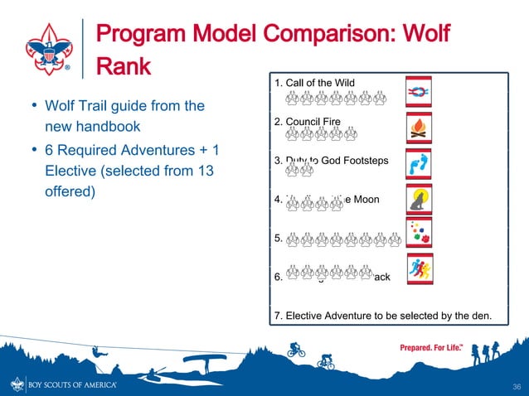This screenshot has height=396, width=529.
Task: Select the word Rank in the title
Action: pyautogui.click(x=124, y=67)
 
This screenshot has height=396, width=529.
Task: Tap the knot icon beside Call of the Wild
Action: pyautogui.click(x=418, y=90)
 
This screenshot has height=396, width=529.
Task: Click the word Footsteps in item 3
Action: pyautogui.click(x=363, y=160)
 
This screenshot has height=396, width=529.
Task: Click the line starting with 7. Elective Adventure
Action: pyautogui.click(x=381, y=316)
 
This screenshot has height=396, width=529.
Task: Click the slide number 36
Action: pyautogui.click(x=515, y=385)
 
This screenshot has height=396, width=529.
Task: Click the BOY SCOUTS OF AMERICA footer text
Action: pyautogui.click(x=74, y=385)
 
